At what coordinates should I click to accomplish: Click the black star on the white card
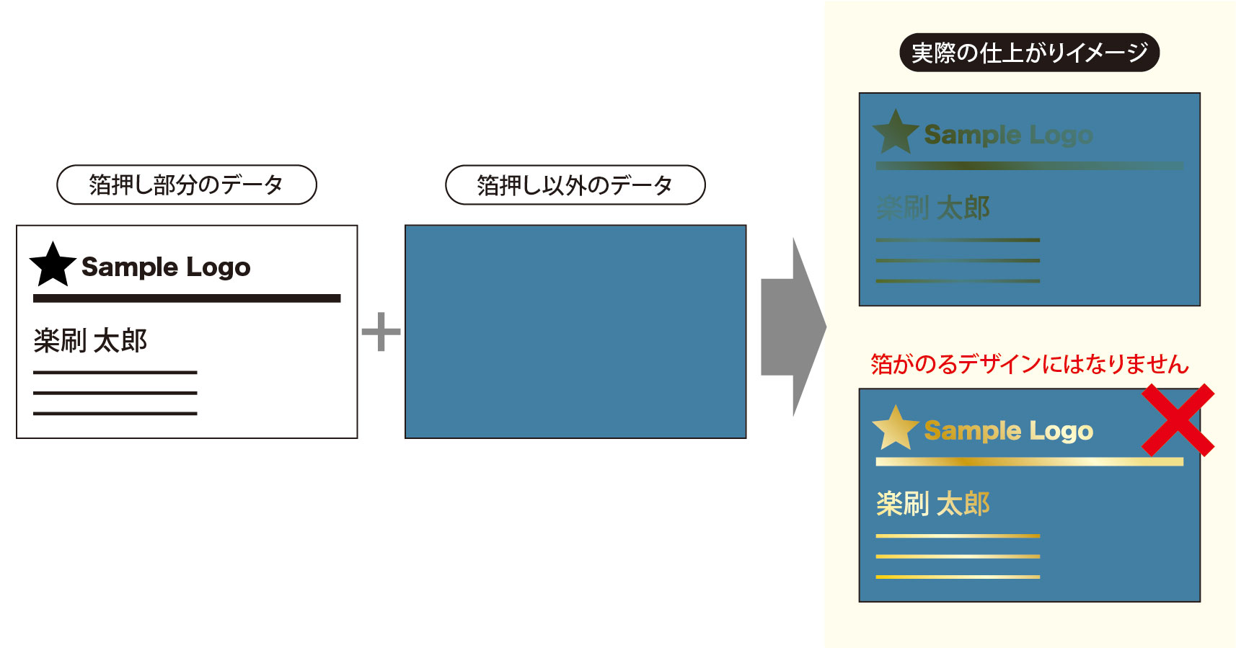click(x=53, y=265)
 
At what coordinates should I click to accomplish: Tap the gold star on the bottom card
click(x=895, y=428)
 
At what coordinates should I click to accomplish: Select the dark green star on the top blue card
click(x=895, y=133)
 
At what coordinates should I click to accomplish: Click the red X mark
click(x=1178, y=420)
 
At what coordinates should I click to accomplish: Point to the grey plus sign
click(x=381, y=332)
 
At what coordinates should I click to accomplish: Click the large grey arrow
click(x=792, y=327)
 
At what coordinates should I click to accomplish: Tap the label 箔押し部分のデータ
click(x=186, y=185)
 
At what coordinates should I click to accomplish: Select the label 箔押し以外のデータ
click(x=575, y=185)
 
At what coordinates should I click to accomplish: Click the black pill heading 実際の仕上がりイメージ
click(x=1029, y=53)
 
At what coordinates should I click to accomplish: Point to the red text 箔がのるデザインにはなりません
click(x=1029, y=364)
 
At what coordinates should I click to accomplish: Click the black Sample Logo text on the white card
click(x=166, y=267)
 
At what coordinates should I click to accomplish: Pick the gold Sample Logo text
click(x=1008, y=431)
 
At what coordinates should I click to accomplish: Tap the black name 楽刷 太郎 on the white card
click(x=90, y=340)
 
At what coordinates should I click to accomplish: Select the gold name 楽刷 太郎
click(x=932, y=504)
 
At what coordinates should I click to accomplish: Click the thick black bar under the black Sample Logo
click(x=186, y=298)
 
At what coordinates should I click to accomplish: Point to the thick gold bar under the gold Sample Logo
click(x=1029, y=461)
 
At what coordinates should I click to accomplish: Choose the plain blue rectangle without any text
click(x=575, y=332)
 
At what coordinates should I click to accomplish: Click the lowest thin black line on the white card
click(x=115, y=413)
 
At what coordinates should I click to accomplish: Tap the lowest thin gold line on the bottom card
click(x=958, y=577)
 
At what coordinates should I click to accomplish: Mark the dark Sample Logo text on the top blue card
click(x=1008, y=135)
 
